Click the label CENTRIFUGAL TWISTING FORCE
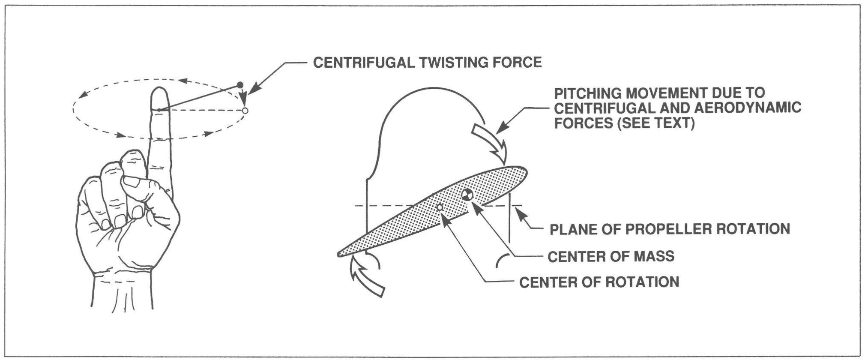click(427, 63)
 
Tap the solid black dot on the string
click(240, 84)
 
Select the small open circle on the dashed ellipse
click(245, 111)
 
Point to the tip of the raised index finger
click(159, 90)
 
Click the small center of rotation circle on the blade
click(439, 207)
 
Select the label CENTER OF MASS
click(611, 256)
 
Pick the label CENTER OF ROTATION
click(599, 282)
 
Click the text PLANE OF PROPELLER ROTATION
click(670, 229)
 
